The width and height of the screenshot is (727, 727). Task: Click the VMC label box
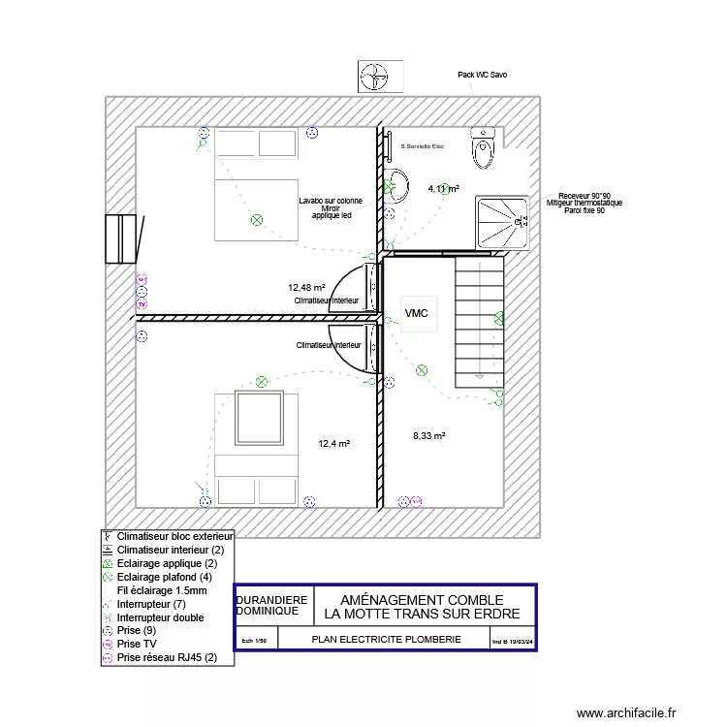[417, 313]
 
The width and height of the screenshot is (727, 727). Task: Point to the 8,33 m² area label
[428, 436]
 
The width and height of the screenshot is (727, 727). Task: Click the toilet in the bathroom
[483, 147]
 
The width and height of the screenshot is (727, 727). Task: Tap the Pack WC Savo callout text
[482, 75]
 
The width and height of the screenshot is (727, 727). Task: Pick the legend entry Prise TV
[137, 644]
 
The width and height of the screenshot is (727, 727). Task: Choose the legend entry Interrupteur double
[160, 616]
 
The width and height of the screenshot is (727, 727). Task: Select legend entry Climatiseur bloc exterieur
[175, 536]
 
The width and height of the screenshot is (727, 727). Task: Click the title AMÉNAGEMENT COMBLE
[422, 600]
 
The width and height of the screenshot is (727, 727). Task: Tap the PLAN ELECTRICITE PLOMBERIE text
[386, 640]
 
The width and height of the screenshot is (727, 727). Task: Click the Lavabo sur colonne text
[331, 201]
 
